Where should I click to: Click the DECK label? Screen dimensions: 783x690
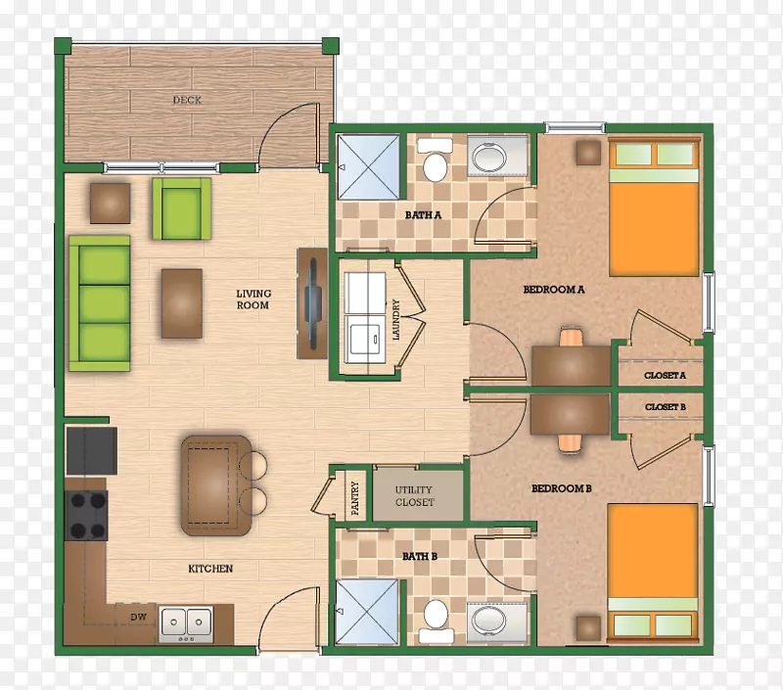point(187,100)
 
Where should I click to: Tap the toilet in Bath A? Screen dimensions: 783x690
point(435,161)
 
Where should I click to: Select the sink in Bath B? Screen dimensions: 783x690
point(497,622)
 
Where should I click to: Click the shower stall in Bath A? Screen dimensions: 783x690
point(369,166)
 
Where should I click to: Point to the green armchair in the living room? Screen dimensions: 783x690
point(181,208)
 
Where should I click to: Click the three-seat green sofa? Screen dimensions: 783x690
point(100,303)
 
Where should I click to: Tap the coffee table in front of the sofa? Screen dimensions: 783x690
point(182,303)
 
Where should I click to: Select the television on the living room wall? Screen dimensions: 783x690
point(313,303)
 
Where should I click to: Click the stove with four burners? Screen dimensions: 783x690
point(86,515)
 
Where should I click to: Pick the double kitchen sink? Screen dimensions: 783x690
point(186,623)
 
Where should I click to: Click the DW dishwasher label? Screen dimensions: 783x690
point(138,618)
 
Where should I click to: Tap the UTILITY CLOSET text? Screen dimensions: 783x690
point(414,496)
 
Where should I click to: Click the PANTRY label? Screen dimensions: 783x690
point(355,498)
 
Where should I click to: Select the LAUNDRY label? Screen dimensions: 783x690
point(396,319)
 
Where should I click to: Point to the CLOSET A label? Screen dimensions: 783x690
point(665,376)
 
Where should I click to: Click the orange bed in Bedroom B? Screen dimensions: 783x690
point(653,572)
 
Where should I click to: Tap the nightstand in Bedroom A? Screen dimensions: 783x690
point(588,153)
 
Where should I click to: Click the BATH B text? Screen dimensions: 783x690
point(420,556)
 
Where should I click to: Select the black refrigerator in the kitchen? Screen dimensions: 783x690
point(91,451)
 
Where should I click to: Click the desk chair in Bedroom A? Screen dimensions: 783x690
point(571,337)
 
